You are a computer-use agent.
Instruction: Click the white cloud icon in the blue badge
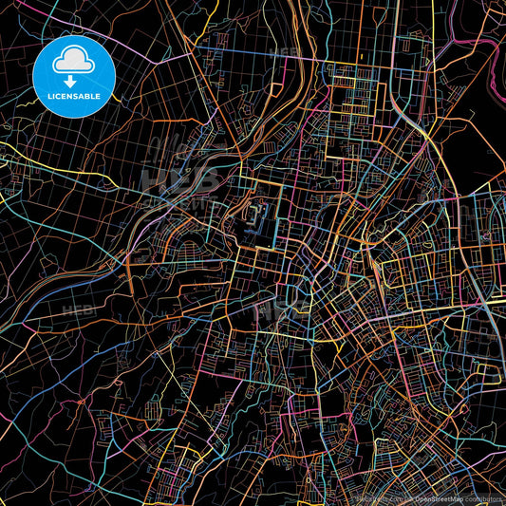pos(74,62)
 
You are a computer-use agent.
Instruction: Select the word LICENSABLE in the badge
pos(74,97)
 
